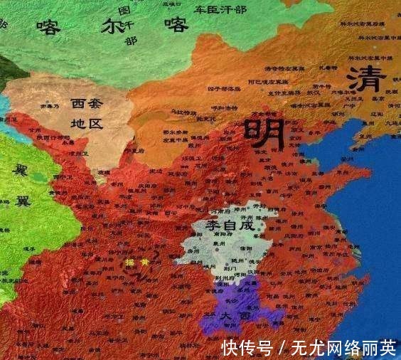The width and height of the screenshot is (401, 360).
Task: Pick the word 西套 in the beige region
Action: point(87,104)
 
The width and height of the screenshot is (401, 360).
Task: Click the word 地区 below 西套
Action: point(87,123)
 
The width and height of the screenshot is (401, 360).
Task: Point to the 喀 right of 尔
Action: point(176,26)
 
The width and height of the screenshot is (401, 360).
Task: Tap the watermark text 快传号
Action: point(247,347)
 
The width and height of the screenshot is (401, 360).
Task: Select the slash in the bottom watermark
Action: point(282,347)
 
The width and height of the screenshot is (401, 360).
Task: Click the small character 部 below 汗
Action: point(131,41)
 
